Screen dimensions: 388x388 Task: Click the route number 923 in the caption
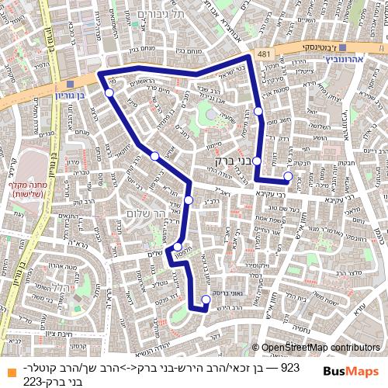(289, 366)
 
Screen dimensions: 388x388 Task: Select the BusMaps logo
(351, 372)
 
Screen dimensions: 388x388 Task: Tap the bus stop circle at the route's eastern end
(288, 176)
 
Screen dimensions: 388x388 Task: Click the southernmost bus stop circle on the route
(206, 300)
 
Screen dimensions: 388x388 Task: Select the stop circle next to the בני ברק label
(257, 161)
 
